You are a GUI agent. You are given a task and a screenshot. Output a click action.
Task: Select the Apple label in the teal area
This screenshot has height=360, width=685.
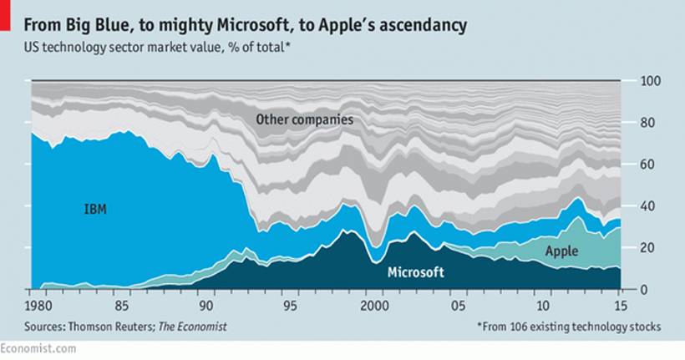click(x=561, y=250)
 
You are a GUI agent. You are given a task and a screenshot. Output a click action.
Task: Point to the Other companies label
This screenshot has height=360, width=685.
click(x=305, y=119)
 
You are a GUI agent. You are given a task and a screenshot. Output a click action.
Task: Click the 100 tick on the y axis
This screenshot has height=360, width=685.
click(x=649, y=81)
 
